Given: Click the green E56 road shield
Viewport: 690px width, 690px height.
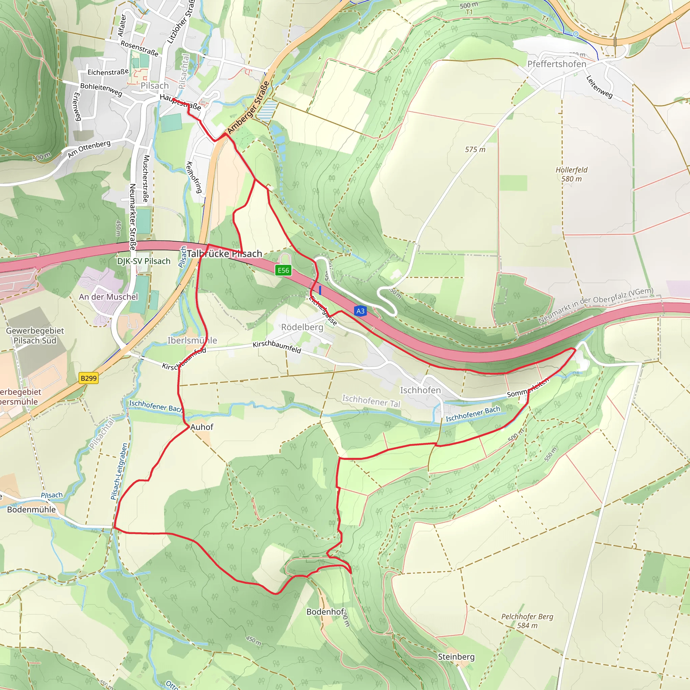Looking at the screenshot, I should pyautogui.click(x=284, y=270).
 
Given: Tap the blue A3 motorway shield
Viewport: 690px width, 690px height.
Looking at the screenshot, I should pyautogui.click(x=360, y=311).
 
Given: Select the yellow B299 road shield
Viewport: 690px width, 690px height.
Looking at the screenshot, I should pyautogui.click(x=89, y=378).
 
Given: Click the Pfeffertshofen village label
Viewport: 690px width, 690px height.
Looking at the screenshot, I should pyautogui.click(x=557, y=64).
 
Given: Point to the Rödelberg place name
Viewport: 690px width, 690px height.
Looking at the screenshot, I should pyautogui.click(x=302, y=327).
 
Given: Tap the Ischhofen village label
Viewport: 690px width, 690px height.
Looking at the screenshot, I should pyautogui.click(x=420, y=390).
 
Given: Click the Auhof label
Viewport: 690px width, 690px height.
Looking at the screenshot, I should pyautogui.click(x=202, y=427).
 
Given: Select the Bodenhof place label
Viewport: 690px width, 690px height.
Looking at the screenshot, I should pyautogui.click(x=325, y=612).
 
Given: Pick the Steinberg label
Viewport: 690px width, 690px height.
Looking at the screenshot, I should pyautogui.click(x=456, y=657).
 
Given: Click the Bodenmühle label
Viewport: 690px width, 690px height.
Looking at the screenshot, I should pyautogui.click(x=31, y=509).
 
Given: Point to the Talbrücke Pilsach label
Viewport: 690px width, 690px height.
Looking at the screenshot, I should pyautogui.click(x=224, y=254).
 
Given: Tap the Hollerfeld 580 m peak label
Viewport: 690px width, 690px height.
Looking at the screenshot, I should pyautogui.click(x=571, y=174).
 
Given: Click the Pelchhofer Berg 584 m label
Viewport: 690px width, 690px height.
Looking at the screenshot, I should pyautogui.click(x=527, y=621).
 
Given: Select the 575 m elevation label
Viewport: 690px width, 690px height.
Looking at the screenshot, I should pyautogui.click(x=475, y=150).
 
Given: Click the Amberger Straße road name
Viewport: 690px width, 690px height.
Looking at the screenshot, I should pyautogui.click(x=249, y=107).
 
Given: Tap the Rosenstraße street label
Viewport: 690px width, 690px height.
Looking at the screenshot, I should pyautogui.click(x=139, y=48).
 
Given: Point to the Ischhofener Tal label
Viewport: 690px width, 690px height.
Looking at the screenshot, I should pyautogui.click(x=371, y=400).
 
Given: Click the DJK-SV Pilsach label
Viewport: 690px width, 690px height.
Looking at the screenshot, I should pyautogui.click(x=144, y=261).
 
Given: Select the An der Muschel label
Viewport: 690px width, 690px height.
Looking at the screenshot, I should pyautogui.click(x=108, y=297).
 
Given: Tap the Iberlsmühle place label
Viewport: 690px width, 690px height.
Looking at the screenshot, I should pyautogui.click(x=192, y=340).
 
